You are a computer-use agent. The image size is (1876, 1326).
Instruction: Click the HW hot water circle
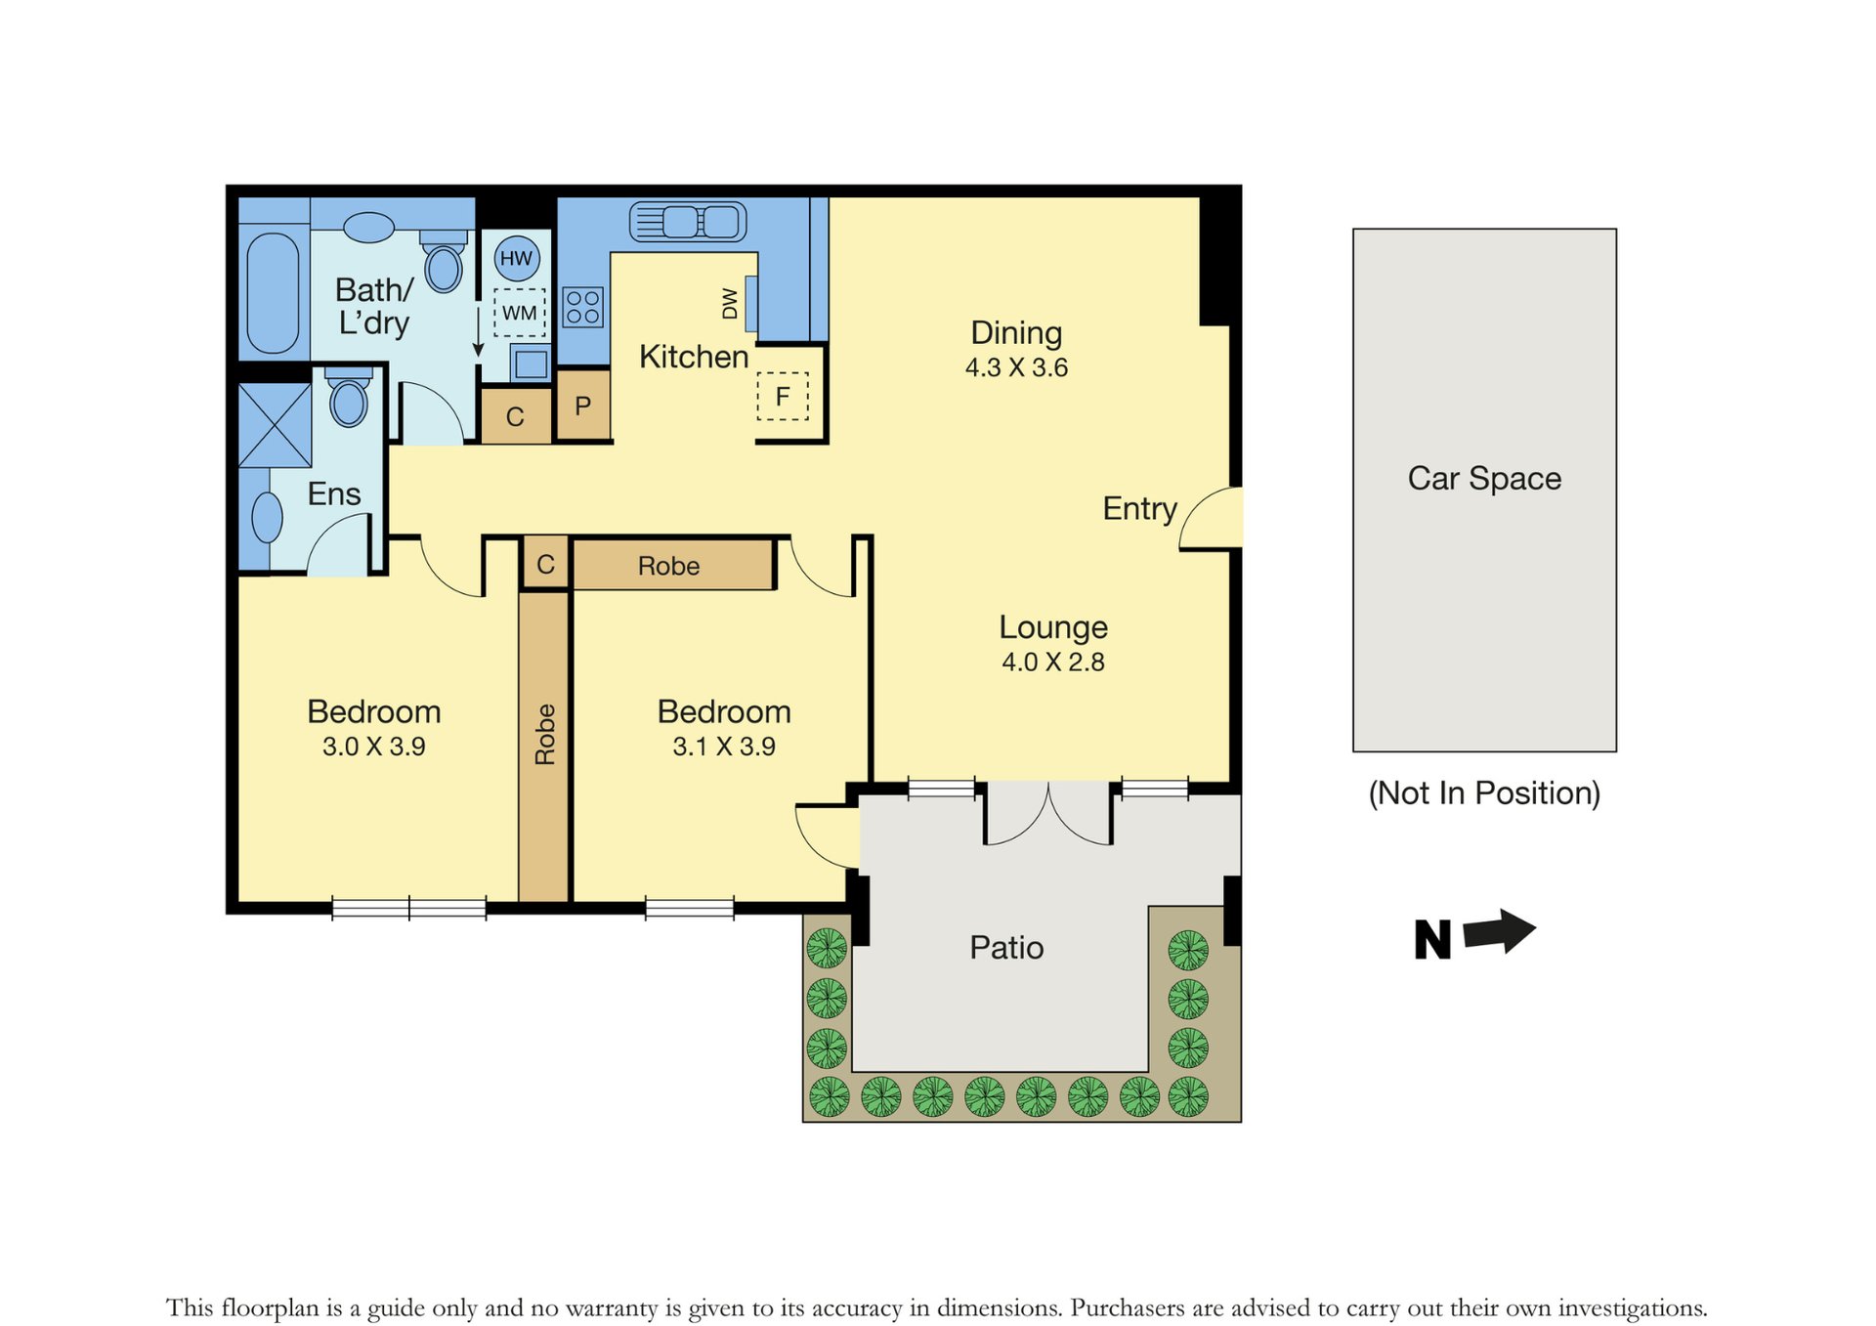[x=516, y=258]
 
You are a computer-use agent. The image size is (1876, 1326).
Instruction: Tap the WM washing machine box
[x=519, y=313]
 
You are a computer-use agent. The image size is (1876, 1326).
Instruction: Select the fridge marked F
[x=783, y=397]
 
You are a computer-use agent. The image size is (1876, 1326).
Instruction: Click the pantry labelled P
[x=583, y=406]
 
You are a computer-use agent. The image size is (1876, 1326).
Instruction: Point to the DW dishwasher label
[x=730, y=303]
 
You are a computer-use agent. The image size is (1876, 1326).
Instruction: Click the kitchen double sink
[x=688, y=222]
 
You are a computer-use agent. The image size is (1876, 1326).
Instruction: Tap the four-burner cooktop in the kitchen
[x=583, y=307]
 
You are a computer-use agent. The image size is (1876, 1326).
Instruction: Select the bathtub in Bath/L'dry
[x=273, y=292]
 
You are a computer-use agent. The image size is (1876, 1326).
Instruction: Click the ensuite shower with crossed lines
[x=275, y=425]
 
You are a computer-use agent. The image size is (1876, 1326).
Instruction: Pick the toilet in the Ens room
[x=349, y=398]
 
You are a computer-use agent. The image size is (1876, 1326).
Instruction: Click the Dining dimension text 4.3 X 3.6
[x=1016, y=368]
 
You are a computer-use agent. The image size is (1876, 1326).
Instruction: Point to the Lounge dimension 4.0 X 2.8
[x=1053, y=663]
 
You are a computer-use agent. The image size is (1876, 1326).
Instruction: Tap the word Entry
[x=1139, y=509]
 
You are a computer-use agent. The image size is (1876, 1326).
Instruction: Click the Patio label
[x=1006, y=948]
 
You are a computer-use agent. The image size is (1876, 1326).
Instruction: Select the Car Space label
[x=1484, y=479]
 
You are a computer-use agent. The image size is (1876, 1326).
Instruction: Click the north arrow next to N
[x=1500, y=931]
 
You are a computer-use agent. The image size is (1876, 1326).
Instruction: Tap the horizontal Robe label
[x=668, y=566]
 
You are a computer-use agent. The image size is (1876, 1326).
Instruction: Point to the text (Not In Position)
[x=1484, y=792]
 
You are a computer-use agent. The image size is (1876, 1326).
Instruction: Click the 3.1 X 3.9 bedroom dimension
[x=724, y=747]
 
